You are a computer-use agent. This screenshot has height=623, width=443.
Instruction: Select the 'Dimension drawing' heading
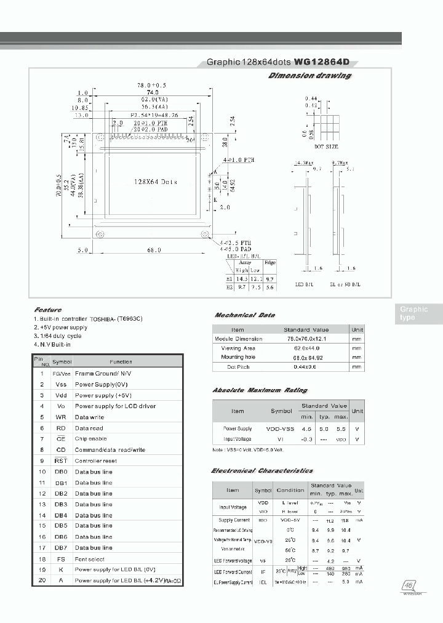click(x=310, y=76)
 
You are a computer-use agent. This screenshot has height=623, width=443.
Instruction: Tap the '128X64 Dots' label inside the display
click(x=155, y=182)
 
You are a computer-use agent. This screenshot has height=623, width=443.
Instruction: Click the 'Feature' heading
click(x=47, y=310)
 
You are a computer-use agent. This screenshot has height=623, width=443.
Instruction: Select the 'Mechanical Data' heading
click(x=244, y=315)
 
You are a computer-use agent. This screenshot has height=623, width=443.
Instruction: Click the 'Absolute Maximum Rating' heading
click(x=259, y=390)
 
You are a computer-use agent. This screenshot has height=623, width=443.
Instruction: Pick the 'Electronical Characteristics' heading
click(x=261, y=470)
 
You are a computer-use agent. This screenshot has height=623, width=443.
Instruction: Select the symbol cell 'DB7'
click(x=62, y=547)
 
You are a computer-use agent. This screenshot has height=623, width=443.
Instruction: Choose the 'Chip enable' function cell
click(x=90, y=439)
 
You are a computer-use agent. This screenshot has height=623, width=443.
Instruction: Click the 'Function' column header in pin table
click(x=121, y=362)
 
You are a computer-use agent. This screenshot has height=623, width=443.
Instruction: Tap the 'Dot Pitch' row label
click(x=237, y=367)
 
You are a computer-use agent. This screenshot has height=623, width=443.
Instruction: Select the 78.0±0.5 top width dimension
click(x=152, y=85)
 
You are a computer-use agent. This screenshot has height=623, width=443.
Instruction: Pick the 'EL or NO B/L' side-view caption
click(x=346, y=284)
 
